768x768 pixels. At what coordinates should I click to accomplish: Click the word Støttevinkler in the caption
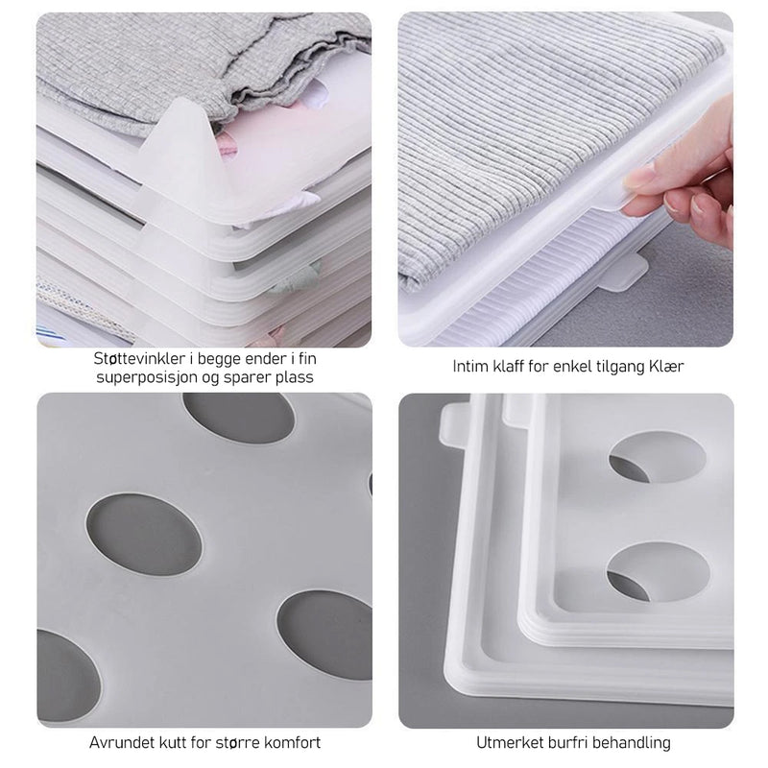pyautogui.click(x=139, y=358)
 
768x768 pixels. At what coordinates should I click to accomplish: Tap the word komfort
pyautogui.click(x=293, y=742)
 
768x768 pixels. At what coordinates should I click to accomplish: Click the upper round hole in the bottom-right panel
pyautogui.click(x=657, y=456)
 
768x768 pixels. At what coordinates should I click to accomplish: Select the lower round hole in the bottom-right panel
pyautogui.click(x=658, y=571)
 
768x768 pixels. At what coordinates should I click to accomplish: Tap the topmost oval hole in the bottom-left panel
pyautogui.click(x=238, y=417)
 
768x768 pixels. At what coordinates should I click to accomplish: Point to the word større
pyautogui.click(x=236, y=742)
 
